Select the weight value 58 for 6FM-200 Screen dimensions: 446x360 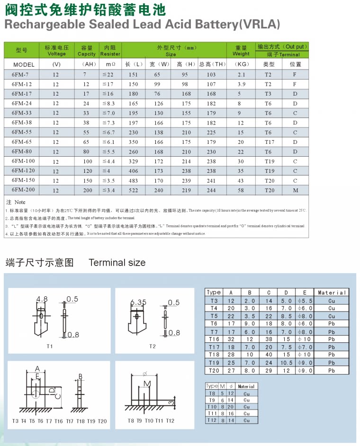241,190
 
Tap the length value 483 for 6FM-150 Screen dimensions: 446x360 133,181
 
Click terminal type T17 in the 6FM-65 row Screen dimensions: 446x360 269,142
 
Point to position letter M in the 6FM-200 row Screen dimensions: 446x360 295,190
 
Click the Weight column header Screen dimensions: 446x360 241,51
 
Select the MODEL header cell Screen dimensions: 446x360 24,64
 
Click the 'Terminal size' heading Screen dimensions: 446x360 117,263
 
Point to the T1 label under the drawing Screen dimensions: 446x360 50,347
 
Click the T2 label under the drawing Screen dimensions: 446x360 153,347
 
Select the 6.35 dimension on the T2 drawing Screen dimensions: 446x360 138,302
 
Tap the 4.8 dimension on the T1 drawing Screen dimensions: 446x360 42,299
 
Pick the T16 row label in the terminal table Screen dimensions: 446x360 214,339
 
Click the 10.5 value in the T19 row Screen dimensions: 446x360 287,363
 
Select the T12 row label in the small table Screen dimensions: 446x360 212,420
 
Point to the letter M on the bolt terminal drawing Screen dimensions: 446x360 147,383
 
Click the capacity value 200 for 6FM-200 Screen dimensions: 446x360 88,190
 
